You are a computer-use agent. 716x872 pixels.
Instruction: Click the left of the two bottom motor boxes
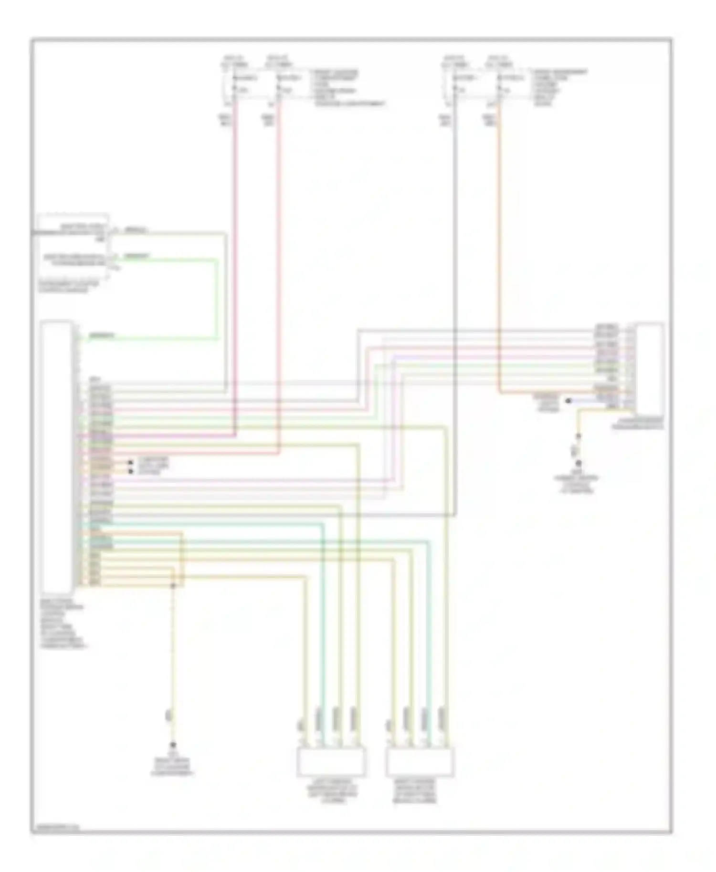(331, 762)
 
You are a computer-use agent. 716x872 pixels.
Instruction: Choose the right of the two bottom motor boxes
(420, 762)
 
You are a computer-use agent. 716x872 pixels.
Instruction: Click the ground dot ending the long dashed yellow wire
(173, 745)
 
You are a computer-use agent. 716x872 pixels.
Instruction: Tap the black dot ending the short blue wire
(569, 401)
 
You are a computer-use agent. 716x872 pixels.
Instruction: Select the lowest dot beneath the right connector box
(578, 463)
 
